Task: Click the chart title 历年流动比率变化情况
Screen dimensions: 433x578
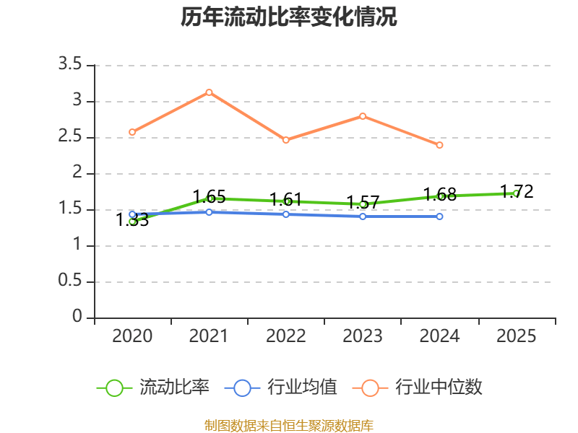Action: pyautogui.click(x=289, y=17)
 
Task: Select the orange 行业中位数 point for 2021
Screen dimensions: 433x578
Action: pyautogui.click(x=209, y=92)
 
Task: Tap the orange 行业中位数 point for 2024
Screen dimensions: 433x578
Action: pyautogui.click(x=439, y=145)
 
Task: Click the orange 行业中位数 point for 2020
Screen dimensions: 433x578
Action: pyautogui.click(x=132, y=132)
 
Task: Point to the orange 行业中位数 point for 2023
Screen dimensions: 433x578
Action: pyautogui.click(x=363, y=116)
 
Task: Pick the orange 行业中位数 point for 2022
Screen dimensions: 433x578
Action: pyautogui.click(x=286, y=140)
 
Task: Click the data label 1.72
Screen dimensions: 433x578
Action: pyautogui.click(x=517, y=191)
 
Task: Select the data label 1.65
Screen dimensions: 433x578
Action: pyautogui.click(x=209, y=196)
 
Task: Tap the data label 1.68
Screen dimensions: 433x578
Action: pyautogui.click(x=439, y=194)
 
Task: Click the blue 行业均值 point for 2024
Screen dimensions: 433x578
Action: pyautogui.click(x=439, y=216)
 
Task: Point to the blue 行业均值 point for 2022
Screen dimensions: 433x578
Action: pyautogui.click(x=286, y=214)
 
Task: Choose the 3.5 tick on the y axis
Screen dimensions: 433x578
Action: pyautogui.click(x=71, y=66)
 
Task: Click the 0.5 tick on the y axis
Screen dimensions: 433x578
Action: pyautogui.click(x=71, y=282)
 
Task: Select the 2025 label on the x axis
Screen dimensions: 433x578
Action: pyautogui.click(x=517, y=336)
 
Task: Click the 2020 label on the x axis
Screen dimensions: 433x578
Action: pyautogui.click(x=132, y=336)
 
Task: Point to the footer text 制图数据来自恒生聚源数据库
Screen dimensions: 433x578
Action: pyautogui.click(x=289, y=425)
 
